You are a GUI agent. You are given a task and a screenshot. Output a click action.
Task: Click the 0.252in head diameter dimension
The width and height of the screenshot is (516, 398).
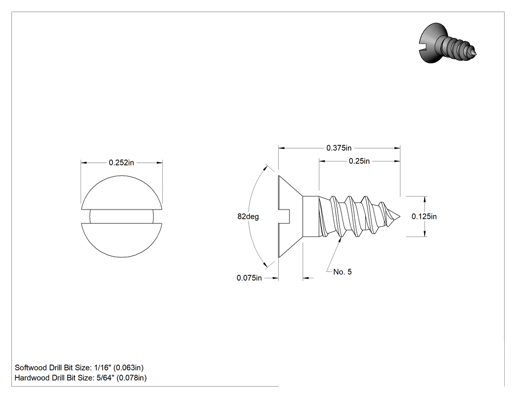click(121, 162)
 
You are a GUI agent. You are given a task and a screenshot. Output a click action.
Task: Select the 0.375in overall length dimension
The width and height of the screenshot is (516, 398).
click(339, 148)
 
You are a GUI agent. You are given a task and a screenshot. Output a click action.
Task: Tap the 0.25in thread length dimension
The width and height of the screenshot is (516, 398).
click(359, 161)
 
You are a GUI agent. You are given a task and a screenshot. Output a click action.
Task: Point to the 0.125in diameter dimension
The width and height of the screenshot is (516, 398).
click(424, 216)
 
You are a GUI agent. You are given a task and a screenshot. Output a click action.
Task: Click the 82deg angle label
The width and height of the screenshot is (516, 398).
click(248, 216)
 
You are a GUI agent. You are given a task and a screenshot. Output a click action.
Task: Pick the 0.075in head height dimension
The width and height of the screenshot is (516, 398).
click(249, 278)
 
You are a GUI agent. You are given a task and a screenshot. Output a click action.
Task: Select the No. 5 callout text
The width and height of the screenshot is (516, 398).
click(342, 272)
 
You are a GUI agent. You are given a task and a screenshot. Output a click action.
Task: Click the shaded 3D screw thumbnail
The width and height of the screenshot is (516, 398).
click(448, 43)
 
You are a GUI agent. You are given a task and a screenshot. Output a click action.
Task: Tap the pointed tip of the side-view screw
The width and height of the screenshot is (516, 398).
click(400, 216)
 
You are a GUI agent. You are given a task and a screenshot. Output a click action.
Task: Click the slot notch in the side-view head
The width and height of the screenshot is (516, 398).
click(284, 216)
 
